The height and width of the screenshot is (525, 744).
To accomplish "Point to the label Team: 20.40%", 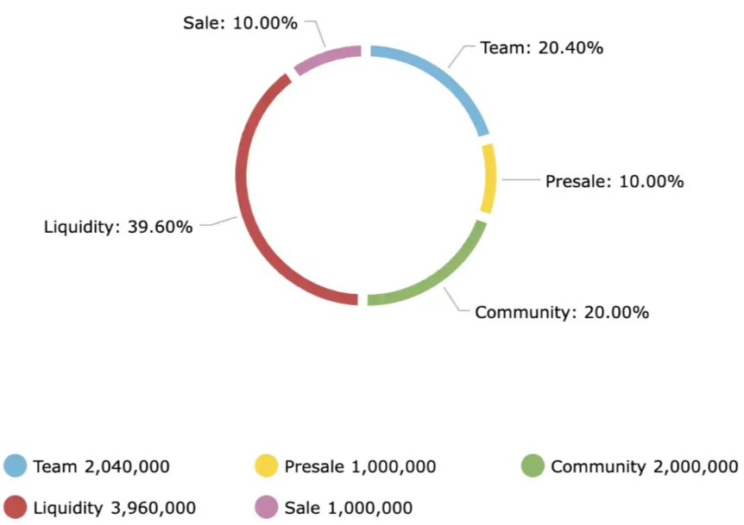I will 541,48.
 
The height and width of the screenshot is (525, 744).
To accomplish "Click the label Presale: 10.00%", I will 614,182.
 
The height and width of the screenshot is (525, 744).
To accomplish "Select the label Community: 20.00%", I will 562,312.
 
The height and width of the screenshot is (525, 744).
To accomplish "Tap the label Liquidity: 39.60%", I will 118,227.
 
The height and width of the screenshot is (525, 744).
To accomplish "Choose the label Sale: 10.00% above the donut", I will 240,23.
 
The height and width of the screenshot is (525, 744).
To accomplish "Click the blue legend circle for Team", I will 16,466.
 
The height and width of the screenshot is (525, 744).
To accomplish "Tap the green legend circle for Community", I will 533,466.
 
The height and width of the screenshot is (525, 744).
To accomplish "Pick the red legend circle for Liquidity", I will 16,508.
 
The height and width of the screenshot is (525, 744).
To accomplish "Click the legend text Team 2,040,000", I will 101,466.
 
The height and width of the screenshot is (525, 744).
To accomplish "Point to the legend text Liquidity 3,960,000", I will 114,508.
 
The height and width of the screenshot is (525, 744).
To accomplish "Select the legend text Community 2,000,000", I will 644,466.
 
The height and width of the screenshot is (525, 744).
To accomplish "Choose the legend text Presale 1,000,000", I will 360,466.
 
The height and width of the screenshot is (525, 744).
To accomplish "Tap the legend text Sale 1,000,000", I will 348,508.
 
